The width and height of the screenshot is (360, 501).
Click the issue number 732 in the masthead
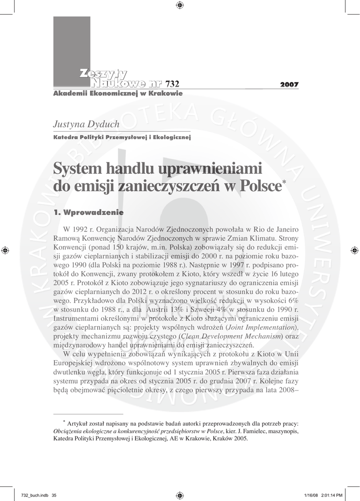click(173, 84)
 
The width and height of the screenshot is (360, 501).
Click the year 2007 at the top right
click(289, 85)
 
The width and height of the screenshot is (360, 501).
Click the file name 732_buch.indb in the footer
click(29, 495)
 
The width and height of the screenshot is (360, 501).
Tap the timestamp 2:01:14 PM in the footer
click(335, 495)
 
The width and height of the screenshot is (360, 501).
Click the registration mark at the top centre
click(180, 5)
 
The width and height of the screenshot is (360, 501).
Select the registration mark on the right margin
click(355, 250)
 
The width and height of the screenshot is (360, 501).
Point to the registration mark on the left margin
click(5, 250)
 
